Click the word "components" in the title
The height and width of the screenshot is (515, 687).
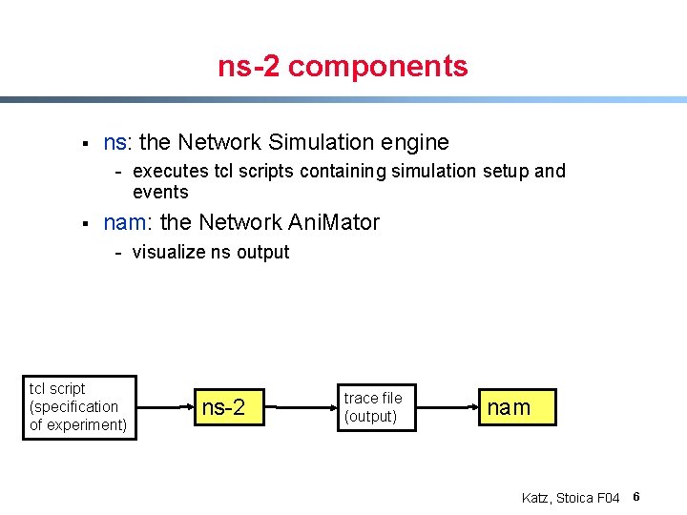pos(378,67)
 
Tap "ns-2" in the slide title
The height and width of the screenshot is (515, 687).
pos(249,67)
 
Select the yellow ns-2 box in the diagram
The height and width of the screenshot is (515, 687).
pos(223,408)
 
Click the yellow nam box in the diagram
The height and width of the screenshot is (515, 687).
pos(509,407)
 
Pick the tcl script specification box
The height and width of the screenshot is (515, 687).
pos(79,407)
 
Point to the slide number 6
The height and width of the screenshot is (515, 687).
pos(635,497)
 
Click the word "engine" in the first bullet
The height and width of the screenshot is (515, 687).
pos(415,143)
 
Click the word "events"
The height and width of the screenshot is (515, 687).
pos(160,193)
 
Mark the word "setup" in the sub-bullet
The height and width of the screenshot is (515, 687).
pos(503,172)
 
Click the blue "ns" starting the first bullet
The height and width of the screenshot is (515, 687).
pos(114,143)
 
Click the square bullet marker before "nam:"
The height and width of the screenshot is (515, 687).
pos(85,224)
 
